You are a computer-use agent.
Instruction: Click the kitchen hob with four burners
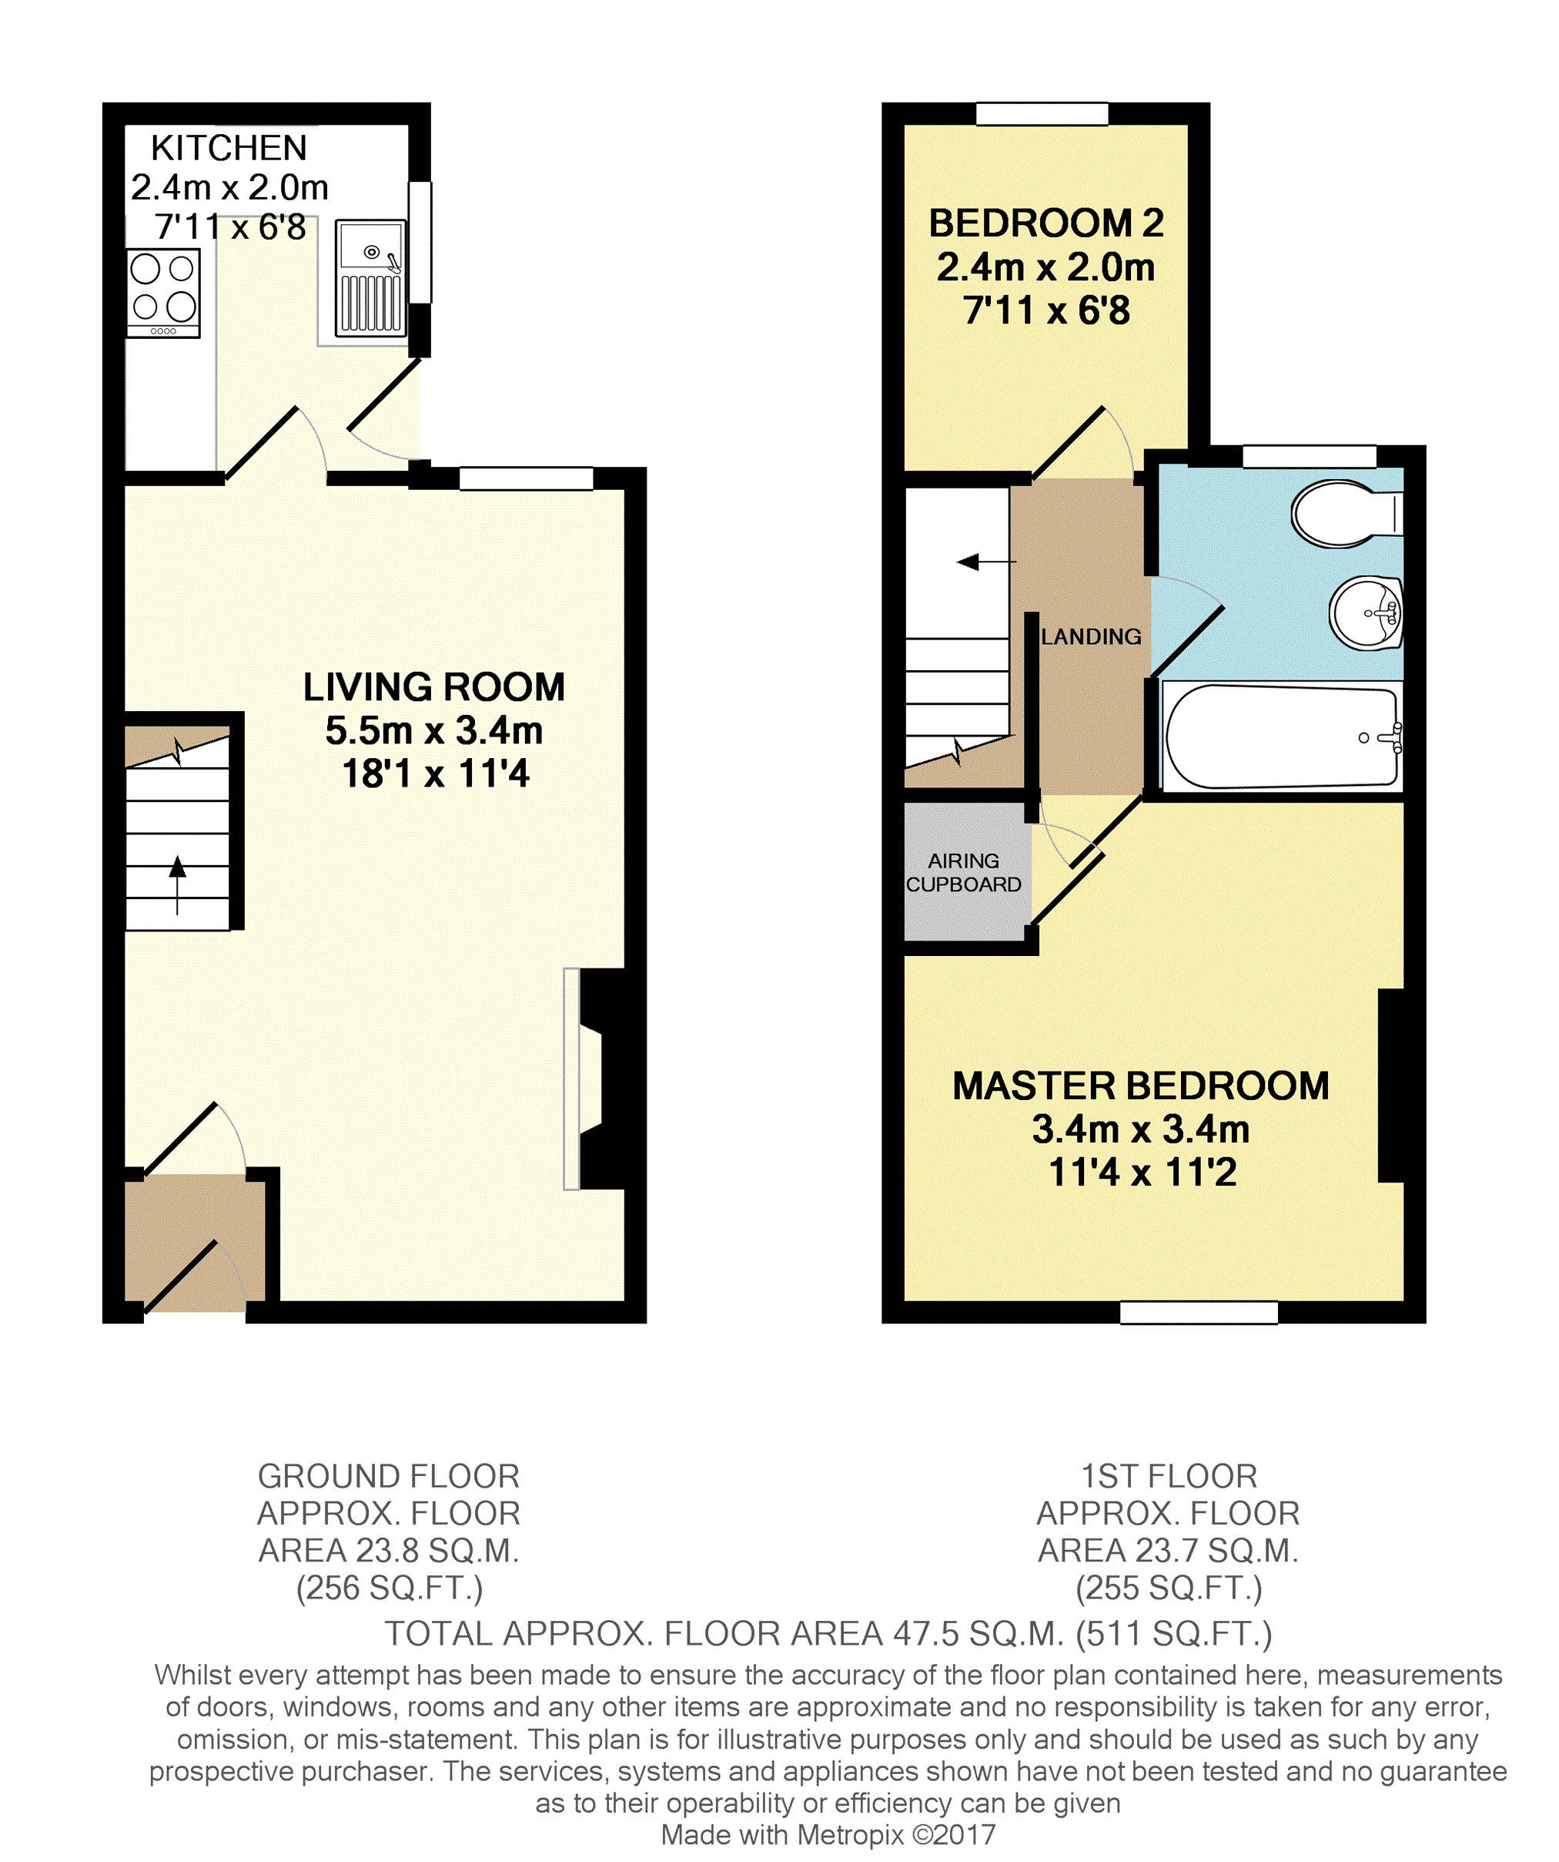pos(163,294)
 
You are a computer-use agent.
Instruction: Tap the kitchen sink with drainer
pos(370,278)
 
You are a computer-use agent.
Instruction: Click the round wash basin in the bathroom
pos(1366,612)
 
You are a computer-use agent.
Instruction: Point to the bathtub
pos(1282,736)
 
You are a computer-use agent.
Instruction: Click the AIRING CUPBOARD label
pos(963,873)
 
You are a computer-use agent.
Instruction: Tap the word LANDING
pos(1091,636)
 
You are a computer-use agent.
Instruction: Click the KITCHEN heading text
pos(229,148)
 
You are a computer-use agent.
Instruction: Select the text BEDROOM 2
pos(1045,223)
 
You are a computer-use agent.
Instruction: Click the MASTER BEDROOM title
pos(1141,1086)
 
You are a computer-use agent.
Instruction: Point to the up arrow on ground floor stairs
pos(177,884)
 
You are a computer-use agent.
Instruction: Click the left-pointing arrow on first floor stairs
pos(985,562)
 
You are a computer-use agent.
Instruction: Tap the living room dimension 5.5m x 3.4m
pos(433,730)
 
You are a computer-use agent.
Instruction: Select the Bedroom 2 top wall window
pos(1042,113)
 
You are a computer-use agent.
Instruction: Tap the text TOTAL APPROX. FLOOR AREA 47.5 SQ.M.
pos(723,1633)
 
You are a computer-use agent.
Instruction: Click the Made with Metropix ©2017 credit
pos(828,1834)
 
